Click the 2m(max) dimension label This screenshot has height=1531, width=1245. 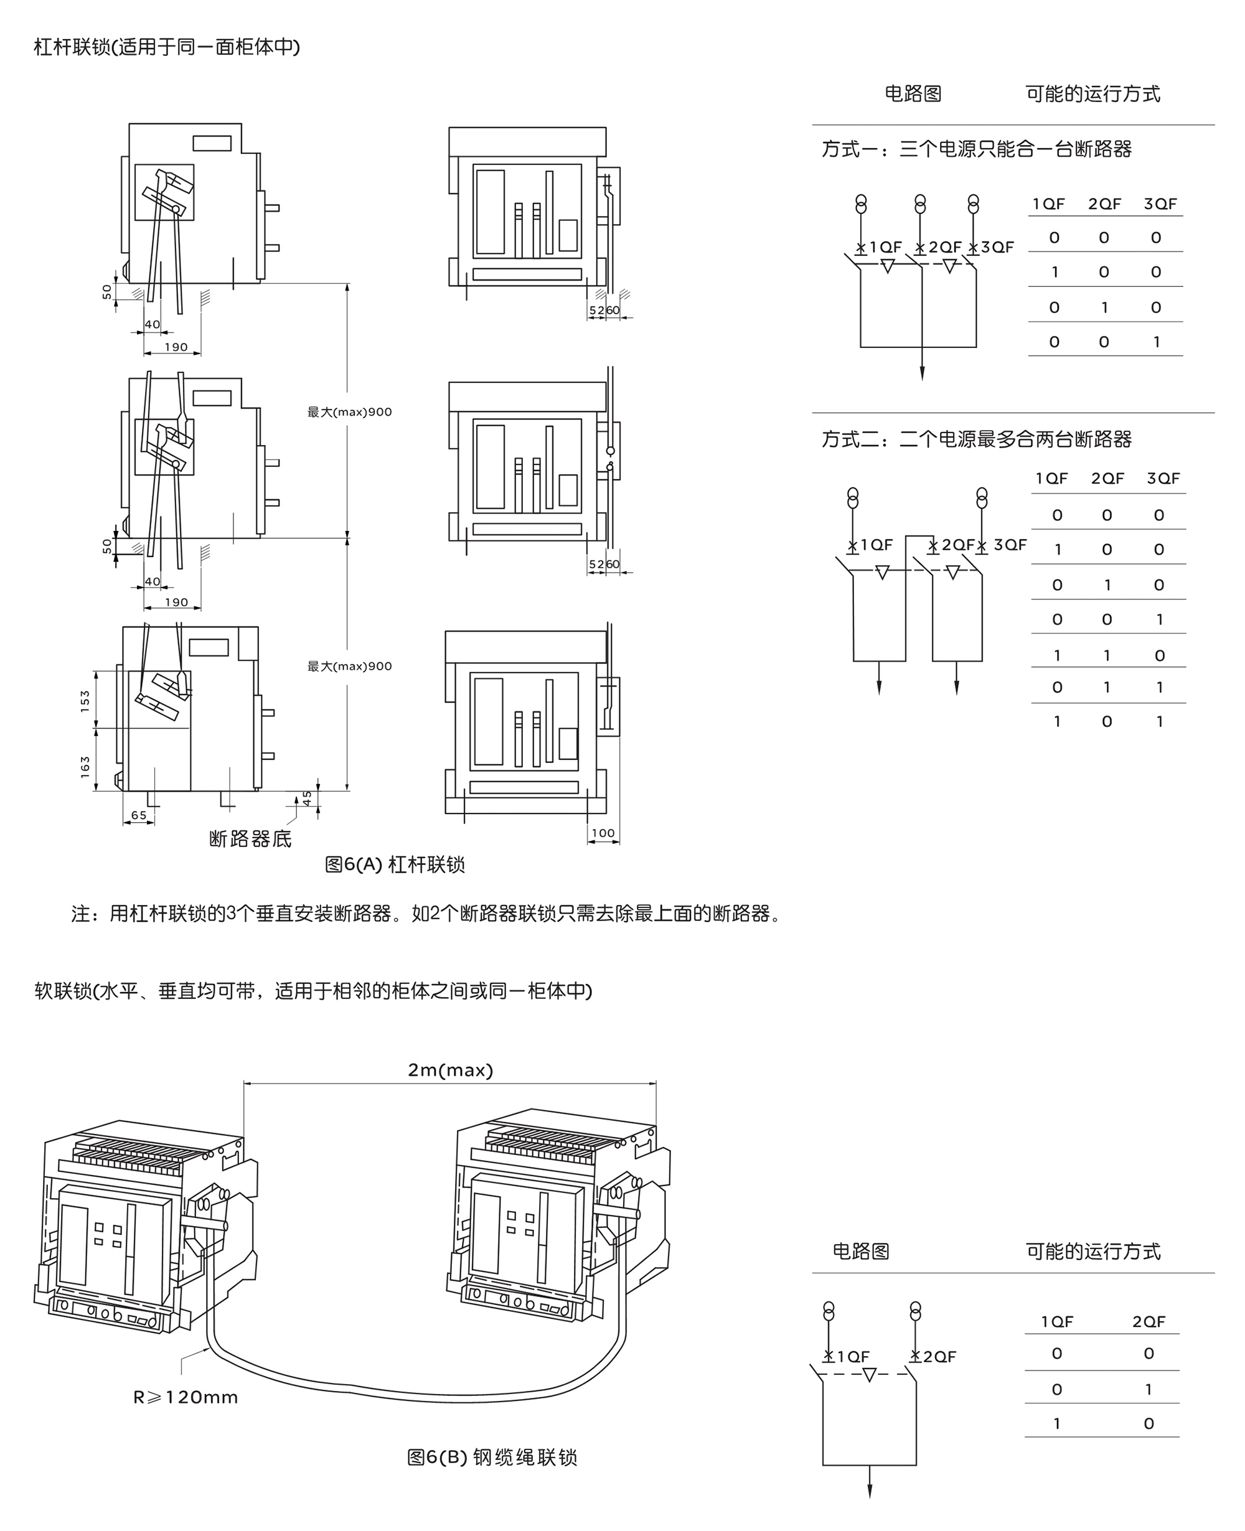[x=451, y=1070]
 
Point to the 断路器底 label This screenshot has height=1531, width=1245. [x=250, y=839]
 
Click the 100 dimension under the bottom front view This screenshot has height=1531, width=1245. [x=603, y=833]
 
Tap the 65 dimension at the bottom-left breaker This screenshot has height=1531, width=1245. [x=138, y=815]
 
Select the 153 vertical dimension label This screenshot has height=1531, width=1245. [x=86, y=701]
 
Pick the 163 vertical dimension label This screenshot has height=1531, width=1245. [x=86, y=767]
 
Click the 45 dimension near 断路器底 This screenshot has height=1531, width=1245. [x=307, y=797]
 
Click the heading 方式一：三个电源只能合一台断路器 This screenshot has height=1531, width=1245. [x=976, y=149]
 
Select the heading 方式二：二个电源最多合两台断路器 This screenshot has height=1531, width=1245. [x=976, y=439]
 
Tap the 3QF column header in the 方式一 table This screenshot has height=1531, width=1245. [x=1160, y=204]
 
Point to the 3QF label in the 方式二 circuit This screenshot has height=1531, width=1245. [x=1010, y=545]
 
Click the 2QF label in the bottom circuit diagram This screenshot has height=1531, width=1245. [x=939, y=1357]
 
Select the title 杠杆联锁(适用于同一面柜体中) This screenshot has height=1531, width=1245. [x=166, y=47]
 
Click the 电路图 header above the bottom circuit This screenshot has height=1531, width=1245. [x=860, y=1252]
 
